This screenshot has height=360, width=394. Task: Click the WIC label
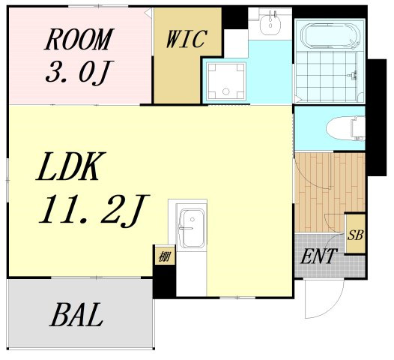187,38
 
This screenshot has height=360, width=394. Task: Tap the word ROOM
79,39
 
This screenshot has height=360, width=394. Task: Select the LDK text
71,166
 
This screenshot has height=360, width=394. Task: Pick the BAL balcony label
76,314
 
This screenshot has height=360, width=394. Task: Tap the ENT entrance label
318,256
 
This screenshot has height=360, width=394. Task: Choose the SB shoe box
355,233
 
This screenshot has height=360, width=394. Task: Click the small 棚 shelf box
164,255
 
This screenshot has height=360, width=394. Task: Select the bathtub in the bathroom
330,35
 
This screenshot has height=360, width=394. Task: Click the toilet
346,128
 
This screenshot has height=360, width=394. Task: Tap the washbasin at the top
270,24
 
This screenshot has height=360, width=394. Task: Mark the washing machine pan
226,82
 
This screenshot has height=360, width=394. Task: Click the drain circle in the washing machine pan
226,91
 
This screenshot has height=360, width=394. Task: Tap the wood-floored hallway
330,192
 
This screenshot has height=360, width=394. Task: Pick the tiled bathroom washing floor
326,76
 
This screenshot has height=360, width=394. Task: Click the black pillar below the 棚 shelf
164,281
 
